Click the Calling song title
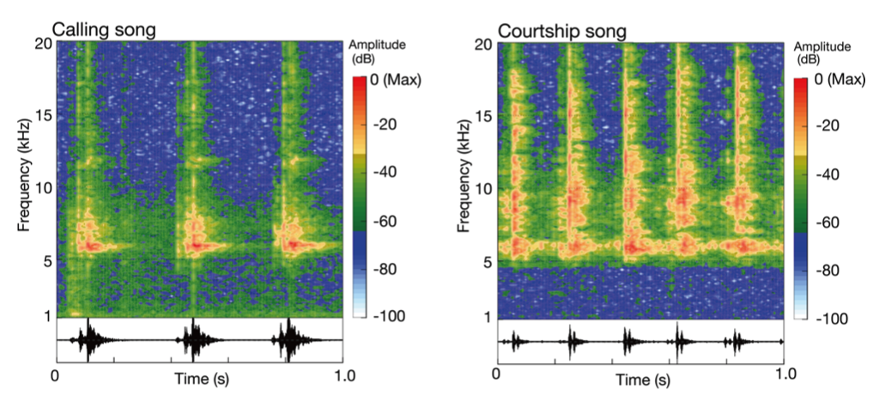(x=103, y=29)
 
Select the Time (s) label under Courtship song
(x=639, y=380)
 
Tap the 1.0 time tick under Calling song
(x=343, y=375)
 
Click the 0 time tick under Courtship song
(x=497, y=375)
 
